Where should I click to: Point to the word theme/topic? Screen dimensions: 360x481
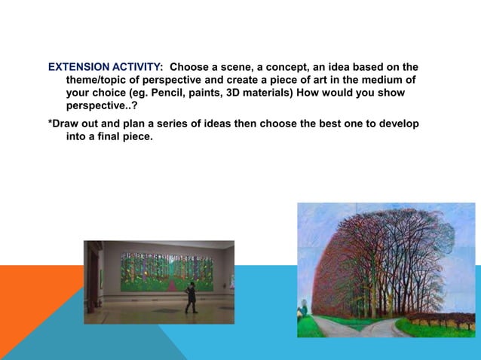[x=98, y=81]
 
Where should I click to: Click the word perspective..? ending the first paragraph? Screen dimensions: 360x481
[x=102, y=106]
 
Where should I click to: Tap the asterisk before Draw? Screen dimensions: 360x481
[x=50, y=124]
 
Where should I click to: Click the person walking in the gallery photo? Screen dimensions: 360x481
[x=191, y=297]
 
